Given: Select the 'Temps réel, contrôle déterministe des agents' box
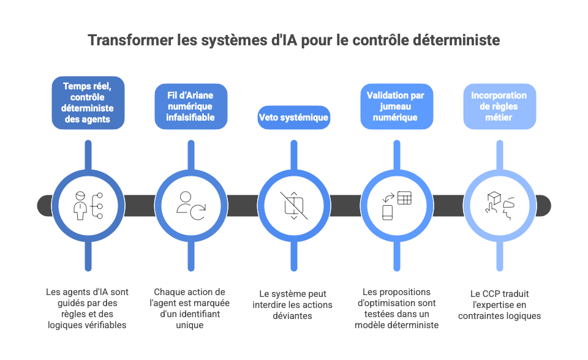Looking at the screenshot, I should click(88, 102).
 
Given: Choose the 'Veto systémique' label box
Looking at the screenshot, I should click(294, 117).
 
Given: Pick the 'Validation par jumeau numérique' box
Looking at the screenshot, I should click(396, 107).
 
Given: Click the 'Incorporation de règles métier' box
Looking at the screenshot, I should click(499, 107).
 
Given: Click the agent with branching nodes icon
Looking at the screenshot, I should click(88, 205).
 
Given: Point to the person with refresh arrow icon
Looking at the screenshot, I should click(190, 205).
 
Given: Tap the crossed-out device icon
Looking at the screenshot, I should click(294, 205).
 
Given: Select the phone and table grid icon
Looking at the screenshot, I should click(396, 205).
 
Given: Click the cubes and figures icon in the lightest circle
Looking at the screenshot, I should click(499, 205).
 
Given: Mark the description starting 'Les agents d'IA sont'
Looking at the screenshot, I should click(88, 309).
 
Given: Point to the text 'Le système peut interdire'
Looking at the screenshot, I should click(294, 304).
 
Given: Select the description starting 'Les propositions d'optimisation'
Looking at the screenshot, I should click(396, 309).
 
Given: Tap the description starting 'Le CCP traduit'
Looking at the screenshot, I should click(499, 304).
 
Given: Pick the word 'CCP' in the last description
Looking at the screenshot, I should click(489, 293).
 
